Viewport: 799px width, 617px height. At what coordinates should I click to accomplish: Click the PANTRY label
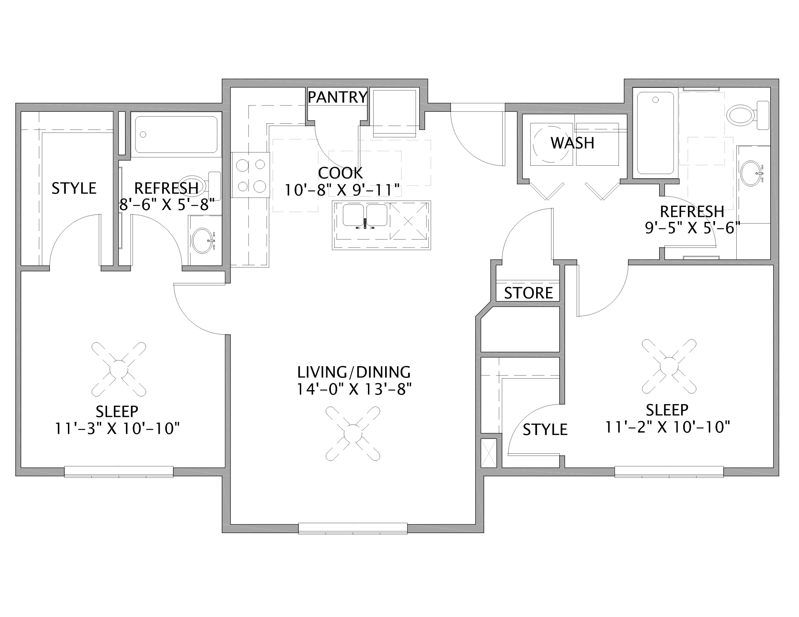tap(337, 97)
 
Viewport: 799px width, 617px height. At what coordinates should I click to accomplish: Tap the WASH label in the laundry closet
tap(572, 143)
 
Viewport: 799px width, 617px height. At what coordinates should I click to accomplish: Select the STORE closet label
tap(528, 293)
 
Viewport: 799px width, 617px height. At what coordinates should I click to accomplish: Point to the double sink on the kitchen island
tap(364, 216)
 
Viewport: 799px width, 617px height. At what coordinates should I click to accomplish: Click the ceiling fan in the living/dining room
tap(352, 433)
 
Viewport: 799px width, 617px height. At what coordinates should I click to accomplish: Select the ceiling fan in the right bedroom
tap(669, 366)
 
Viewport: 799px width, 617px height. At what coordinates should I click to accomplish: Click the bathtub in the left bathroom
tap(176, 135)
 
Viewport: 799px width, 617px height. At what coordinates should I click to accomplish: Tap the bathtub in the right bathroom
tap(655, 133)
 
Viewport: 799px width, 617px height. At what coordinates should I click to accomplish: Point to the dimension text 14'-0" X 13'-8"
tap(354, 389)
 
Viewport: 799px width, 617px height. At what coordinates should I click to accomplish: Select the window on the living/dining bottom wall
tap(353, 528)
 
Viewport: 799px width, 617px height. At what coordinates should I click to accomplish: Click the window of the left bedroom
tap(119, 472)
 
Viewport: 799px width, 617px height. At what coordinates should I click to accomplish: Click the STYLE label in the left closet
tap(74, 188)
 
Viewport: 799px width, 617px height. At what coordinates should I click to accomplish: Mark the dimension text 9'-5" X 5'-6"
tap(692, 228)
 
